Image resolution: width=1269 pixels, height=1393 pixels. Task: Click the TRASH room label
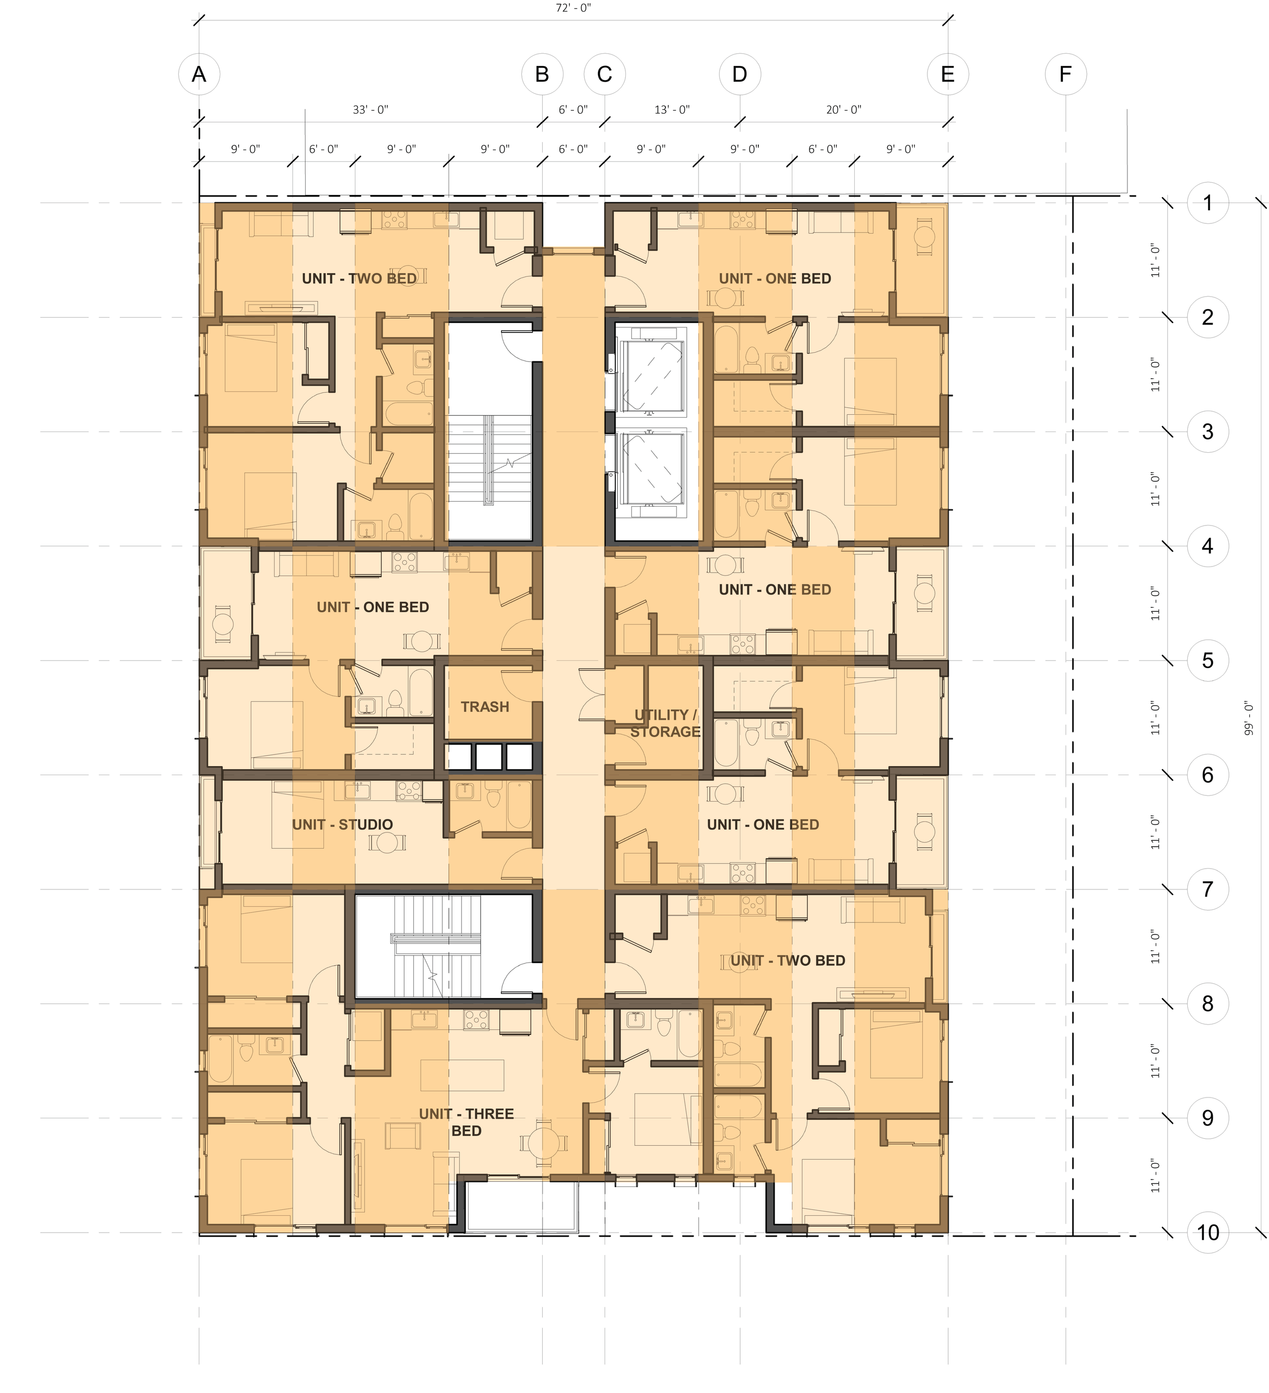pos(484,707)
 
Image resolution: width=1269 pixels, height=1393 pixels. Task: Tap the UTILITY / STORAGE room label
pos(665,723)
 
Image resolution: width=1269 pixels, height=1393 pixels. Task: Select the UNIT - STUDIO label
pos(342,824)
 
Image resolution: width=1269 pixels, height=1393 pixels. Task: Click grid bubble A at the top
pos(199,74)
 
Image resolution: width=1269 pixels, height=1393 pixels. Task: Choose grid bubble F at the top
pos(1065,74)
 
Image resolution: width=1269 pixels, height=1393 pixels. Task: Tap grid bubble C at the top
pos(605,74)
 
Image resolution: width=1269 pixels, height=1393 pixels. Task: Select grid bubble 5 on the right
pos(1208,660)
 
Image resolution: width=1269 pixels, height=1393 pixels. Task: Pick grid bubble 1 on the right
pos(1208,203)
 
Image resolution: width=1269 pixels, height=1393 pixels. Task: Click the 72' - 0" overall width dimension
pos(574,8)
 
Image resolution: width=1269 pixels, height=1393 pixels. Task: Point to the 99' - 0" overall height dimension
pos(1248,719)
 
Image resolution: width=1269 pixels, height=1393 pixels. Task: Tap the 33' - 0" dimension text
pos(370,110)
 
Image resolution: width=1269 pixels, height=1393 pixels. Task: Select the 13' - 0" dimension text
pos(672,110)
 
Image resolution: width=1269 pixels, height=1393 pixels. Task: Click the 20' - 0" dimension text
pos(844,110)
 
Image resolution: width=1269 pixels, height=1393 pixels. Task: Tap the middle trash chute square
pos(489,756)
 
